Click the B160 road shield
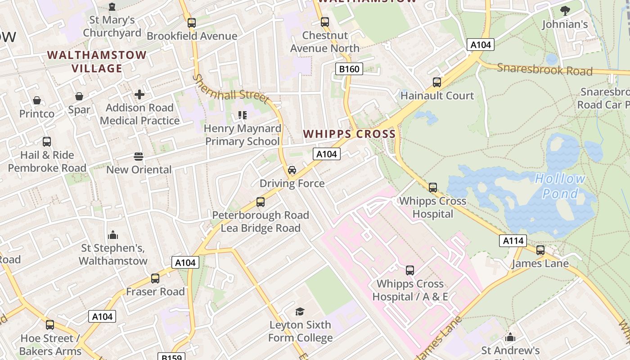tap(349, 69)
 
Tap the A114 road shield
tap(513, 241)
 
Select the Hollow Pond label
tap(560, 186)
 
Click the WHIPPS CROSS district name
tap(349, 134)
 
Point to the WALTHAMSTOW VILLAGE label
tap(97, 62)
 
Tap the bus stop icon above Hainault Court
tap(436, 82)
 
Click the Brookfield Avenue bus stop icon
tap(192, 23)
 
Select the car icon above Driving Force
tap(292, 170)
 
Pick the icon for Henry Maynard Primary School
tap(243, 115)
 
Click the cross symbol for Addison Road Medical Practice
tap(139, 94)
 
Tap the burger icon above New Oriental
tap(139, 157)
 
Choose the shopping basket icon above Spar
tap(79, 96)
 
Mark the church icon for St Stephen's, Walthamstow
tap(113, 235)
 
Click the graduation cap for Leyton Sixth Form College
tap(300, 311)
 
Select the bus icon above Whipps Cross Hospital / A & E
tap(410, 270)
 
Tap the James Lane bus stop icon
tap(540, 250)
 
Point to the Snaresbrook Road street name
tap(544, 70)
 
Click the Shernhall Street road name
tap(230, 89)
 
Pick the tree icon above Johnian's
tap(565, 11)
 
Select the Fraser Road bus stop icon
tap(155, 279)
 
